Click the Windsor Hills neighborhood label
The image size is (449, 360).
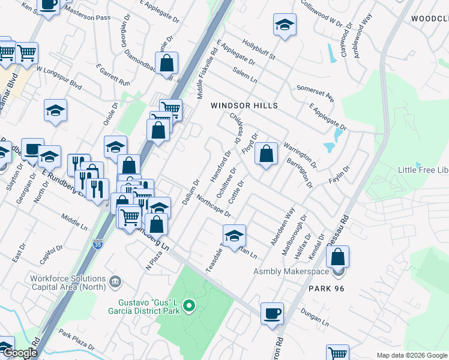coord(244,106)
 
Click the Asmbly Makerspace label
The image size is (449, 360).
coord(291,271)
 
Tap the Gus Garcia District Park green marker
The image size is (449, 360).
coord(190,307)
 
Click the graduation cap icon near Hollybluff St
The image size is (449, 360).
coord(285,25)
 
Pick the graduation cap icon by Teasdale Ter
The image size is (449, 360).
coord(234,234)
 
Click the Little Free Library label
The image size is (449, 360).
coord(423,170)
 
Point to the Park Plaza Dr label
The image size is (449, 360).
coord(76,339)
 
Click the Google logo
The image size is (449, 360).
coord(19,353)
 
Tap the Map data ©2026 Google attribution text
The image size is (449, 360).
coord(412,355)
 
